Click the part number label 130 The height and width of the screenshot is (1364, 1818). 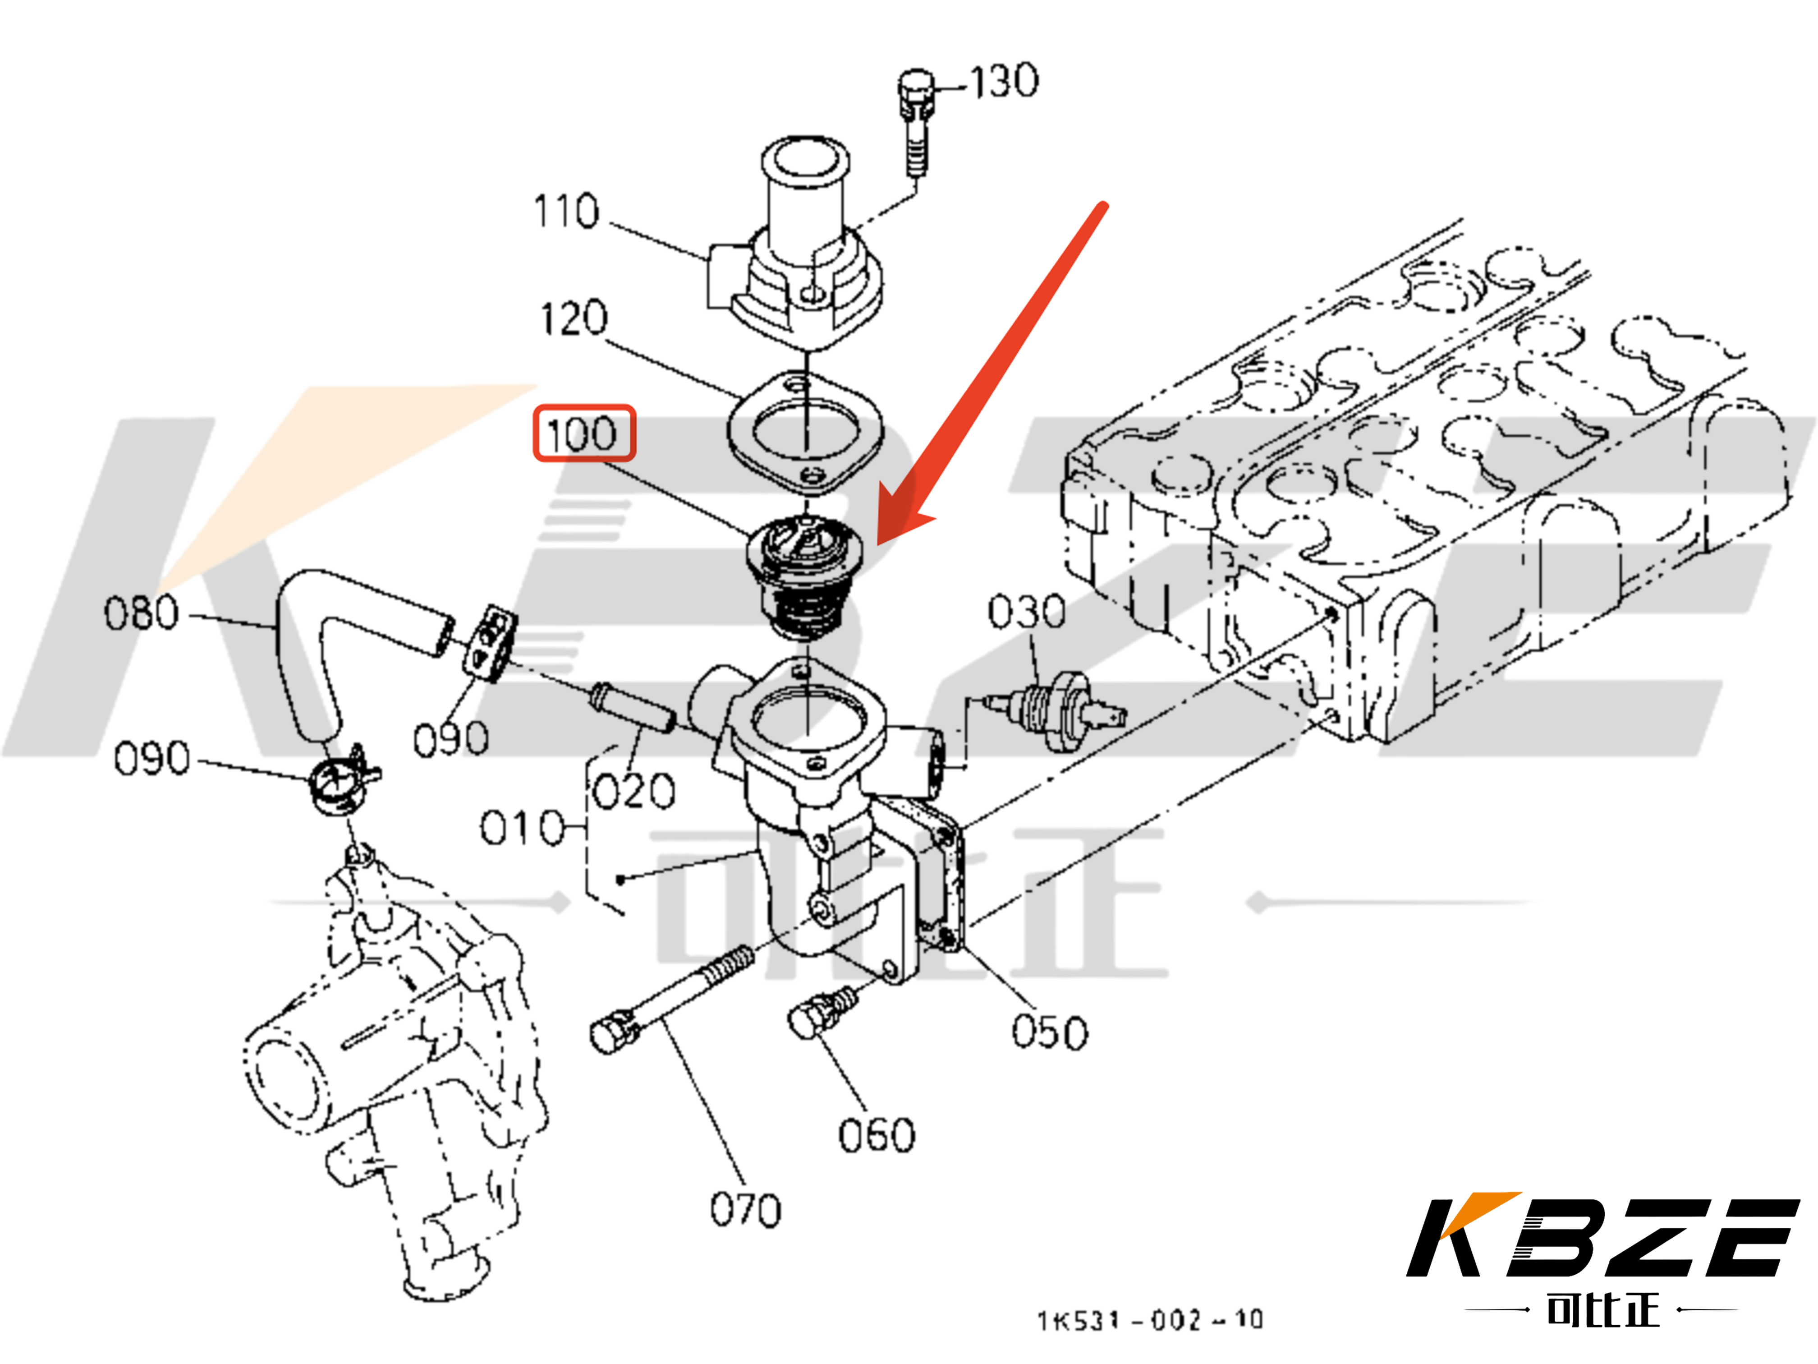tap(1004, 81)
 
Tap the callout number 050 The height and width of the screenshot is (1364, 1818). tap(1050, 1032)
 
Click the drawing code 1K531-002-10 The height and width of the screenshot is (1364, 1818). tap(1149, 1320)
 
